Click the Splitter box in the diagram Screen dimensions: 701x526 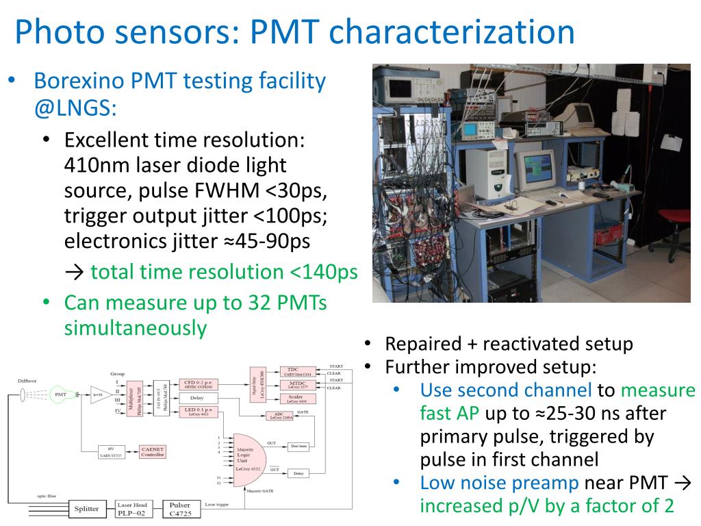point(86,508)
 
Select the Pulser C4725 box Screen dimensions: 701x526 point(181,508)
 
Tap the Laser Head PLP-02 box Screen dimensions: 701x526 point(134,508)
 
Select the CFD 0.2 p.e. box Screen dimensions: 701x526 point(198,384)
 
